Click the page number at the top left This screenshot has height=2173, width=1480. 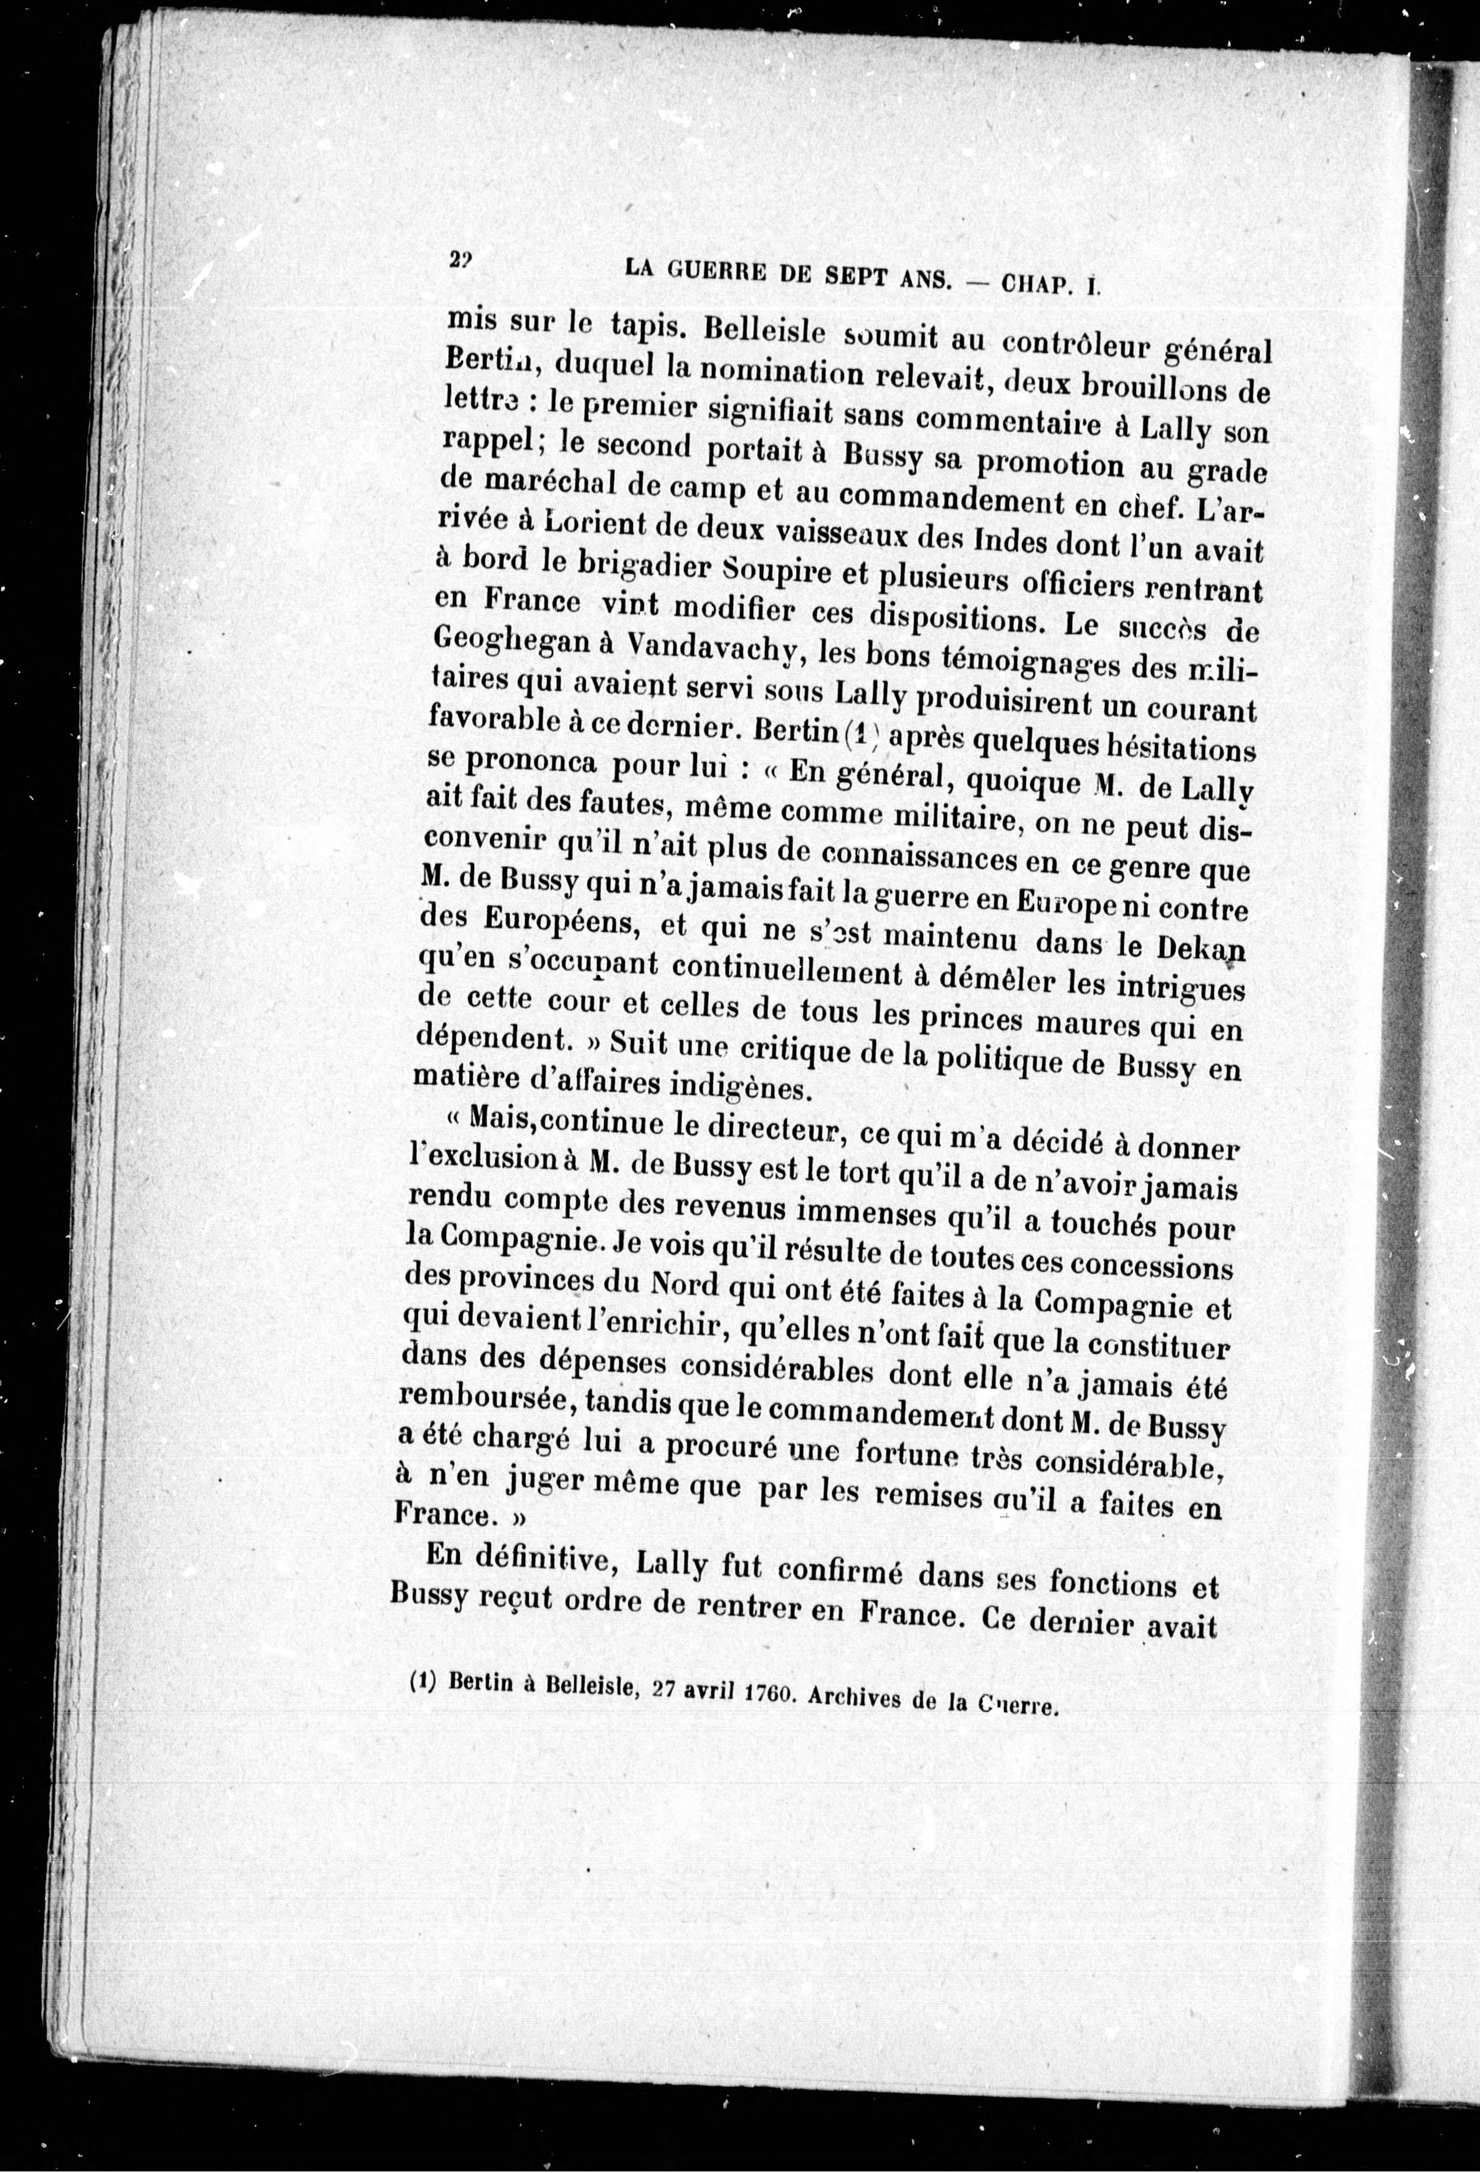pos(459,262)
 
